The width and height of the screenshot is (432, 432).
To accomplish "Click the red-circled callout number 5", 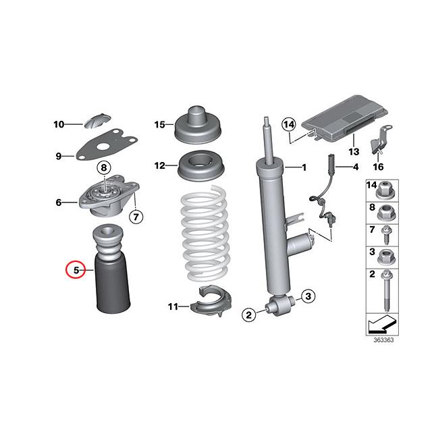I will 76,271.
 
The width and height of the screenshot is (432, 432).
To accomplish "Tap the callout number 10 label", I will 59,124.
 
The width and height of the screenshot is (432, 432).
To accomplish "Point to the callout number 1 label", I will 303,167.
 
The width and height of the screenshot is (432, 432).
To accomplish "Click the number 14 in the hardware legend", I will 371,184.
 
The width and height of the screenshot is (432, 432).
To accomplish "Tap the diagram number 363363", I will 383,340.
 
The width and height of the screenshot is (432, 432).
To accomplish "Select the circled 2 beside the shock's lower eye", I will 249,313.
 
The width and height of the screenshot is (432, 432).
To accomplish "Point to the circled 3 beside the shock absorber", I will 306,295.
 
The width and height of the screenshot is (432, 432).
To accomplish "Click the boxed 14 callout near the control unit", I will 289,124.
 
